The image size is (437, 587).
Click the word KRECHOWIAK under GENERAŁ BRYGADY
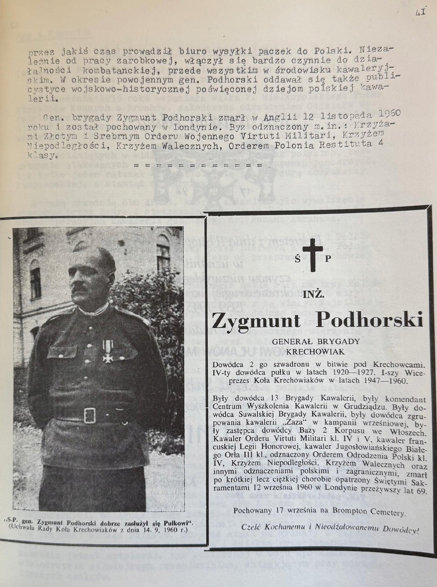[x=315, y=352]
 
